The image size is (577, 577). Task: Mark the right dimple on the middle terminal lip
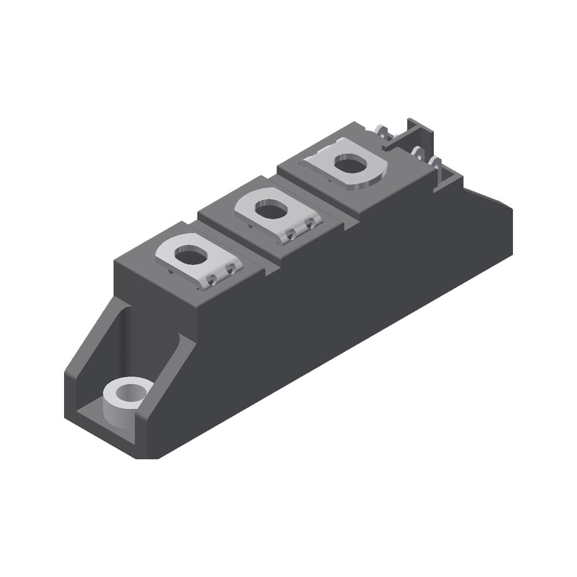click(x=312, y=223)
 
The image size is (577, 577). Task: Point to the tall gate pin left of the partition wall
click(x=381, y=132)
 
